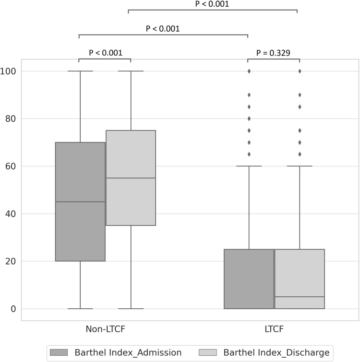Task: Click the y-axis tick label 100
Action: click(8, 71)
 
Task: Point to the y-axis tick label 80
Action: click(11, 118)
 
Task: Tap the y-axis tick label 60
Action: click(11, 166)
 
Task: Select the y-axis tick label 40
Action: click(11, 214)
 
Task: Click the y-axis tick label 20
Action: click(11, 261)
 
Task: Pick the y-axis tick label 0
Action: click(13, 309)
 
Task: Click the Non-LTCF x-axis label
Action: click(106, 329)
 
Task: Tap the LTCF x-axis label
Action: click(274, 329)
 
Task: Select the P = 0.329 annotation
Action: click(273, 53)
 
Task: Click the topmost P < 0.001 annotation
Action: click(212, 4)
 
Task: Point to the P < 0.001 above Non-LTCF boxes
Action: click(106, 53)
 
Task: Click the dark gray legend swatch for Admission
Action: click(59, 352)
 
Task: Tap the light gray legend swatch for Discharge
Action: click(208, 352)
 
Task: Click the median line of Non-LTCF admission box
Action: click(80, 202)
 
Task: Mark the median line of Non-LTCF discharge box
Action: click(131, 178)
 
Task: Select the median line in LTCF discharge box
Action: click(300, 297)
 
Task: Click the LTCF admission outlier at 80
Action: click(249, 118)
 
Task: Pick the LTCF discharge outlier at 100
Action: click(300, 71)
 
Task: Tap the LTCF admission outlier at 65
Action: click(249, 154)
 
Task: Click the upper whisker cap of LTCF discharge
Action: click(300, 166)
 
